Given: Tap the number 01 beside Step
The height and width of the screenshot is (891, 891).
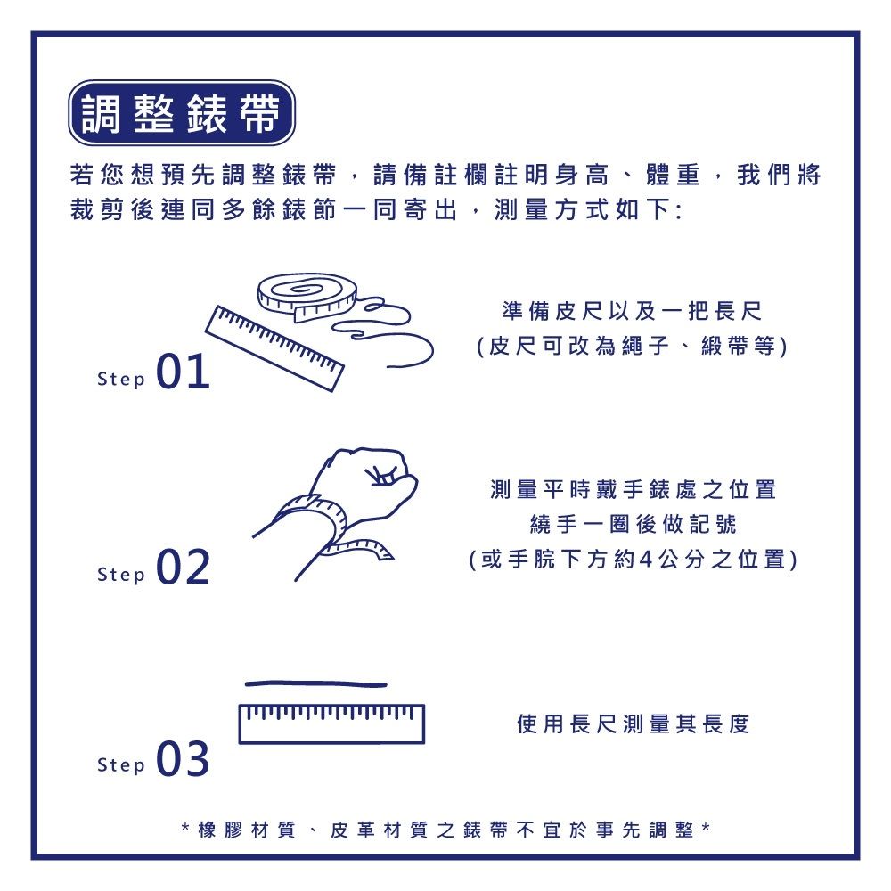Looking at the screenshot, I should [x=184, y=373].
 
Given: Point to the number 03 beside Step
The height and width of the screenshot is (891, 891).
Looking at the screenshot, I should [x=184, y=760].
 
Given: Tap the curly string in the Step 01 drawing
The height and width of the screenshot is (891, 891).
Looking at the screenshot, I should [x=392, y=339].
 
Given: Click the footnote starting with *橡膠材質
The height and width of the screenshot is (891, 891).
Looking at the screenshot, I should [x=445, y=830].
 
